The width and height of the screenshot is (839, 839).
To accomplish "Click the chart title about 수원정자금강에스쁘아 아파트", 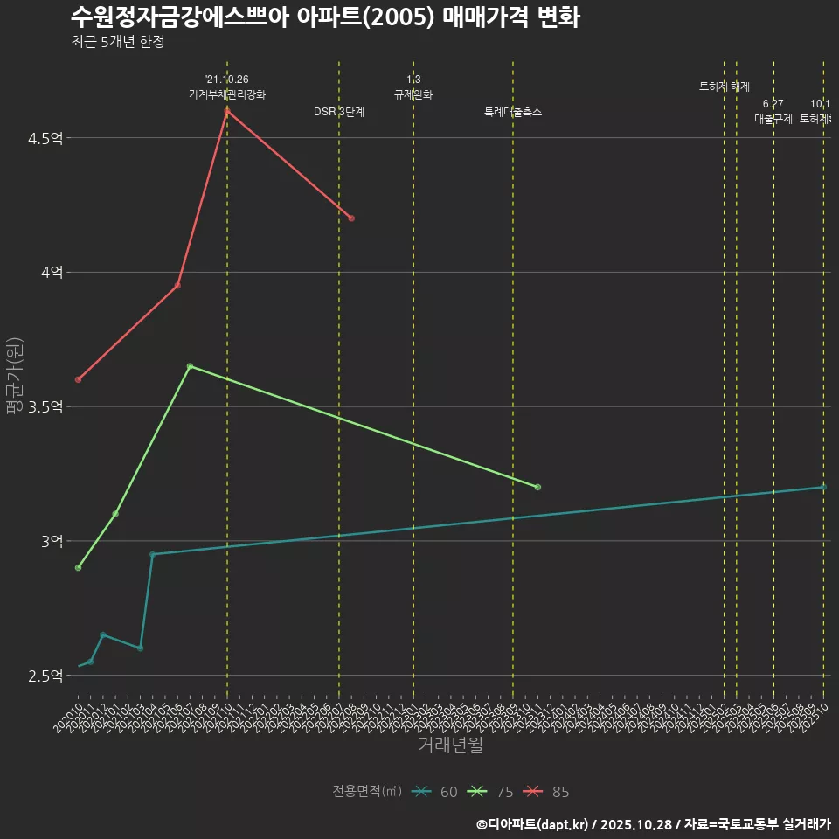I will (x=324, y=17).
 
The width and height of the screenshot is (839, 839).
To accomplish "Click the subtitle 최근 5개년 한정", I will (x=117, y=42).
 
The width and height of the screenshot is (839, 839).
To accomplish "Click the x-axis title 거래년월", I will (x=450, y=745).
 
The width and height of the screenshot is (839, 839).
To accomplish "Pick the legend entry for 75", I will (x=491, y=792).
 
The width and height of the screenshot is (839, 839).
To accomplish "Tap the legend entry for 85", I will (x=547, y=792).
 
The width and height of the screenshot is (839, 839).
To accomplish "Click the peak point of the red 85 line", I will (x=227, y=111).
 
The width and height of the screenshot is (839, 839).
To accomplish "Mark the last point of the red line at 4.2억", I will (x=351, y=218).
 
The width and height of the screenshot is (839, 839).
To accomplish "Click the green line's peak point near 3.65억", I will (x=190, y=366).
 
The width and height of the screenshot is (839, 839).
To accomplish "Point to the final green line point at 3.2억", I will (x=537, y=487).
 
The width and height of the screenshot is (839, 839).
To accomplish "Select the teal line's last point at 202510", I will (x=823, y=487).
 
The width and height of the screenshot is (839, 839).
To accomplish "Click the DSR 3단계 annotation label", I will (x=339, y=113).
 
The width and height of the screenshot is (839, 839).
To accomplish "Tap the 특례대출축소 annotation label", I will (x=513, y=113).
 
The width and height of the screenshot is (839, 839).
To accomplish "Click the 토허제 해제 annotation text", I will (x=725, y=87).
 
